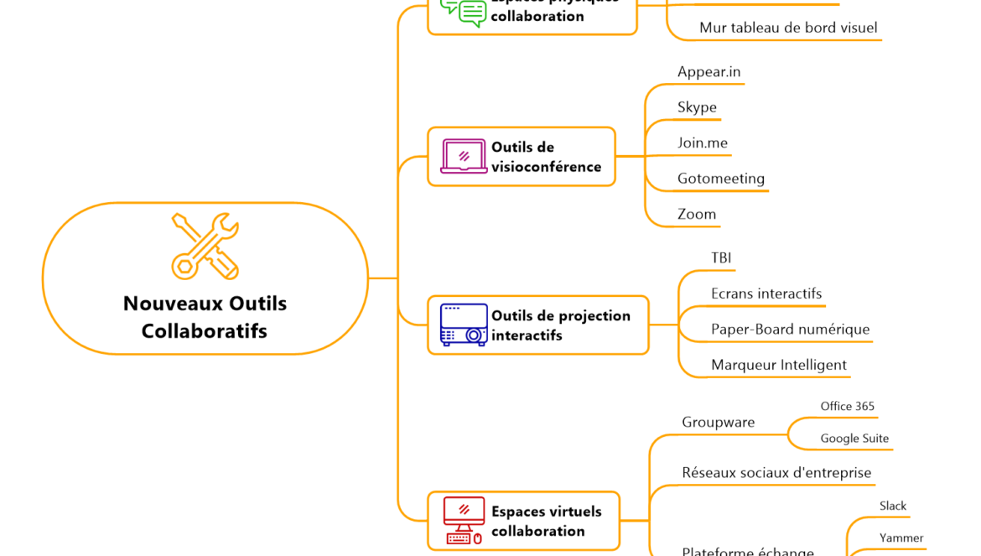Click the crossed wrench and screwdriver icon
click(x=205, y=246)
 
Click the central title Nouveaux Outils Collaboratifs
click(x=205, y=317)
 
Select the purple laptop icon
click(x=463, y=157)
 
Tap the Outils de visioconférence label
click(x=546, y=157)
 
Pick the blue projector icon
click(x=464, y=325)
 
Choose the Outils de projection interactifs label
click(x=560, y=325)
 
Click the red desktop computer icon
click(x=464, y=521)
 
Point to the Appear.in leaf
click(x=708, y=72)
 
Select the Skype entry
click(x=697, y=107)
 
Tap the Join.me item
click(x=702, y=143)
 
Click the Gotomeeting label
click(x=720, y=179)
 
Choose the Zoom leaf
click(x=696, y=214)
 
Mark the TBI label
click(x=721, y=258)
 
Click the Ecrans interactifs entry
click(x=766, y=294)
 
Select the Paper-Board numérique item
click(x=790, y=330)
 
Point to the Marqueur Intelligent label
click(x=778, y=365)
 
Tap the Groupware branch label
click(x=718, y=422)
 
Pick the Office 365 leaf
click(x=847, y=407)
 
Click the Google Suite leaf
click(x=854, y=439)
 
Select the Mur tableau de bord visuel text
click(x=788, y=28)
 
